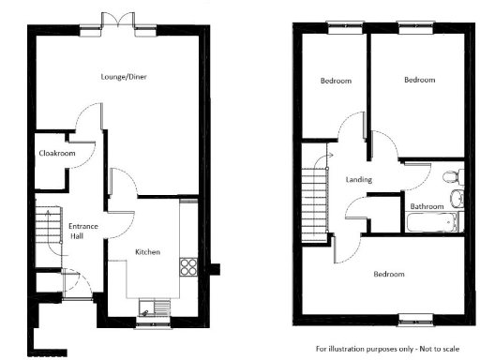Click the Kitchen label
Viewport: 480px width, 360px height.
click(x=147, y=251)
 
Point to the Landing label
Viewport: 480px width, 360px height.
click(x=358, y=179)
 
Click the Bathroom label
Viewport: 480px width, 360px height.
click(x=427, y=205)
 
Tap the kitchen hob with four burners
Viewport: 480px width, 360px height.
click(x=188, y=264)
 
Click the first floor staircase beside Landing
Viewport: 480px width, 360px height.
click(x=314, y=200)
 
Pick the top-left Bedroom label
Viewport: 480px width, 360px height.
click(x=336, y=82)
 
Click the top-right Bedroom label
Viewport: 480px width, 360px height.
click(x=419, y=81)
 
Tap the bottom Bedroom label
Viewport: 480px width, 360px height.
click(x=389, y=275)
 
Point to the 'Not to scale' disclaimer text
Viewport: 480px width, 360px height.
click(x=394, y=347)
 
